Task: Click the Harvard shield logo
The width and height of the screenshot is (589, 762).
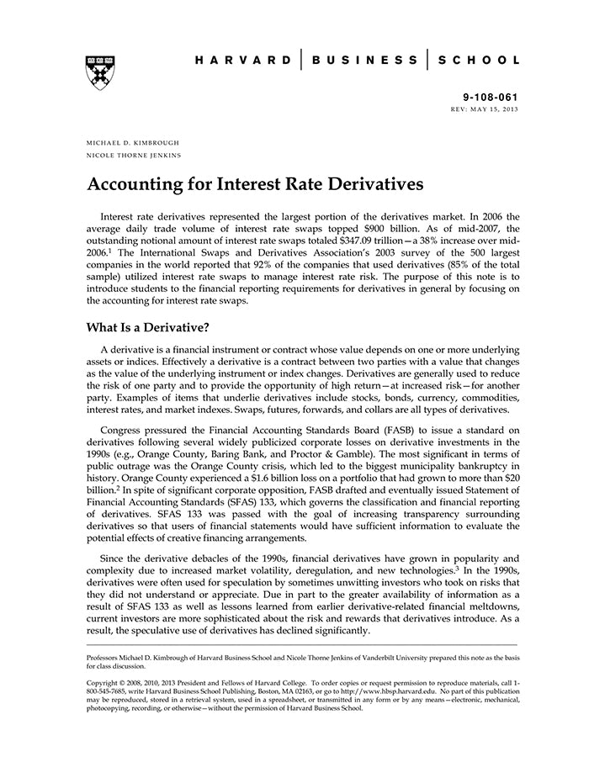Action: coord(100,72)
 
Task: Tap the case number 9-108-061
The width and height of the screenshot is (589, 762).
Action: coord(490,98)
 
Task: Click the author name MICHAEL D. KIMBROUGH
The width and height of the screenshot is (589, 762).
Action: coord(133,143)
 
